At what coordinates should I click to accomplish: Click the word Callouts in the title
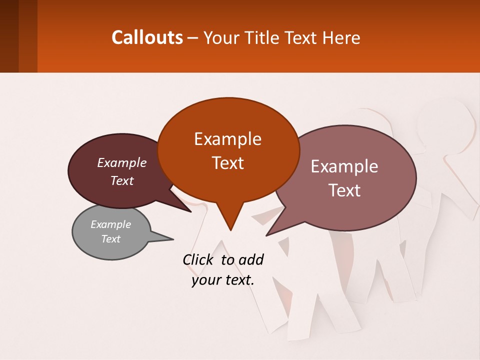tap(147, 37)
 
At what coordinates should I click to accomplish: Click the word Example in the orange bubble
tap(227, 139)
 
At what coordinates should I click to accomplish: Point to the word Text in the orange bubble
tap(227, 163)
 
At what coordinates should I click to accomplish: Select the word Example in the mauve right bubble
tap(344, 166)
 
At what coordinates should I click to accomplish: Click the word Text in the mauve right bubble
tap(344, 190)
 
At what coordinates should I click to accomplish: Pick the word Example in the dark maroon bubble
tap(122, 162)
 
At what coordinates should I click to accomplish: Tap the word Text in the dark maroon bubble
tap(122, 180)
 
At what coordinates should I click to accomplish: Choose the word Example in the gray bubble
tap(111, 224)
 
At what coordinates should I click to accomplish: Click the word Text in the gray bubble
tap(111, 239)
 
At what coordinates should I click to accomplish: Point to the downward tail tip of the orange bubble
tap(230, 229)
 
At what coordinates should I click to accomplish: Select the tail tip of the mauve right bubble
tap(268, 234)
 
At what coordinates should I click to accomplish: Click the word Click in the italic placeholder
tap(199, 259)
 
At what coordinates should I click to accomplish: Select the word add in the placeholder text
tap(251, 259)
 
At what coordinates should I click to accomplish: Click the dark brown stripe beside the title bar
tap(9, 36)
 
